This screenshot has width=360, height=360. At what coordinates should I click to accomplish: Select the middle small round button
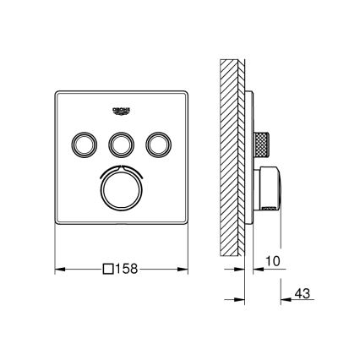coord(121,145)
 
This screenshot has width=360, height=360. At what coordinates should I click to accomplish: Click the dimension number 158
coord(126,270)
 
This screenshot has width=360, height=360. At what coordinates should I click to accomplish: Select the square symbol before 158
coord(106,270)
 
